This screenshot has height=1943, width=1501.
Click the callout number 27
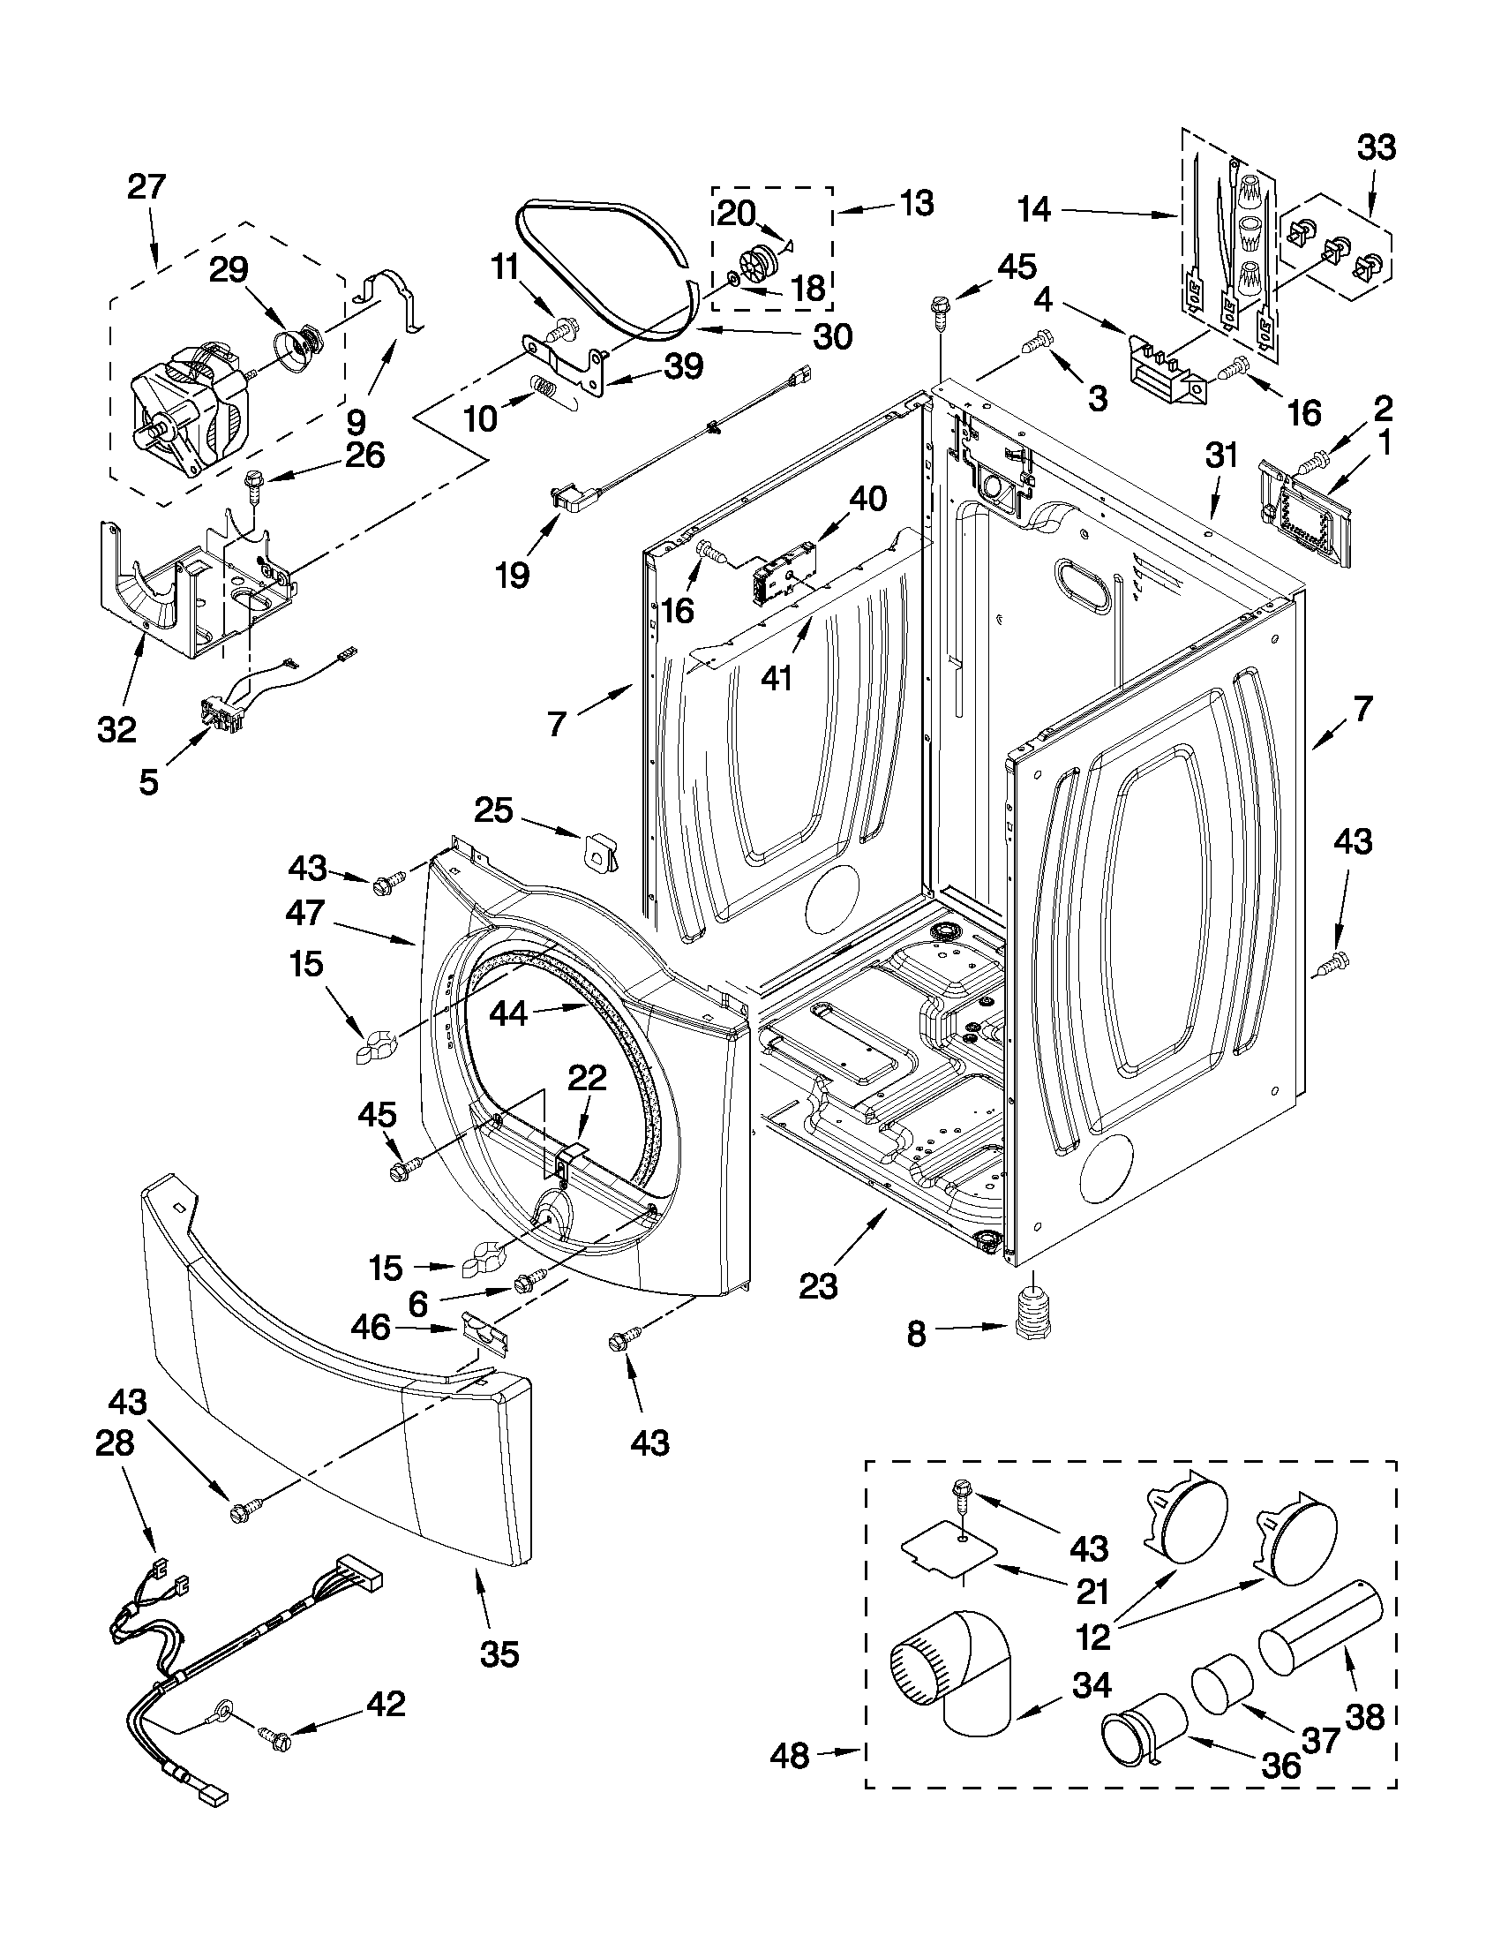[x=146, y=188]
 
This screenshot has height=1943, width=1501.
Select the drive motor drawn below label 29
[x=188, y=403]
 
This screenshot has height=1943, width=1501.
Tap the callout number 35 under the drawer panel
[x=499, y=1653]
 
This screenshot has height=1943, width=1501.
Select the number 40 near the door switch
[x=867, y=499]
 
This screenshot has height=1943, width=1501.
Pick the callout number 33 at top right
[x=1375, y=147]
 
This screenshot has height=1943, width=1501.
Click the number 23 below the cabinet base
[x=817, y=1286]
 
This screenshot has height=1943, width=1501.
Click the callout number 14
[x=1034, y=210]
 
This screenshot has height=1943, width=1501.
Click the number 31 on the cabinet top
[x=1221, y=456]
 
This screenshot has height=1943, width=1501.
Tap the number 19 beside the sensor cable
[x=512, y=575]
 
